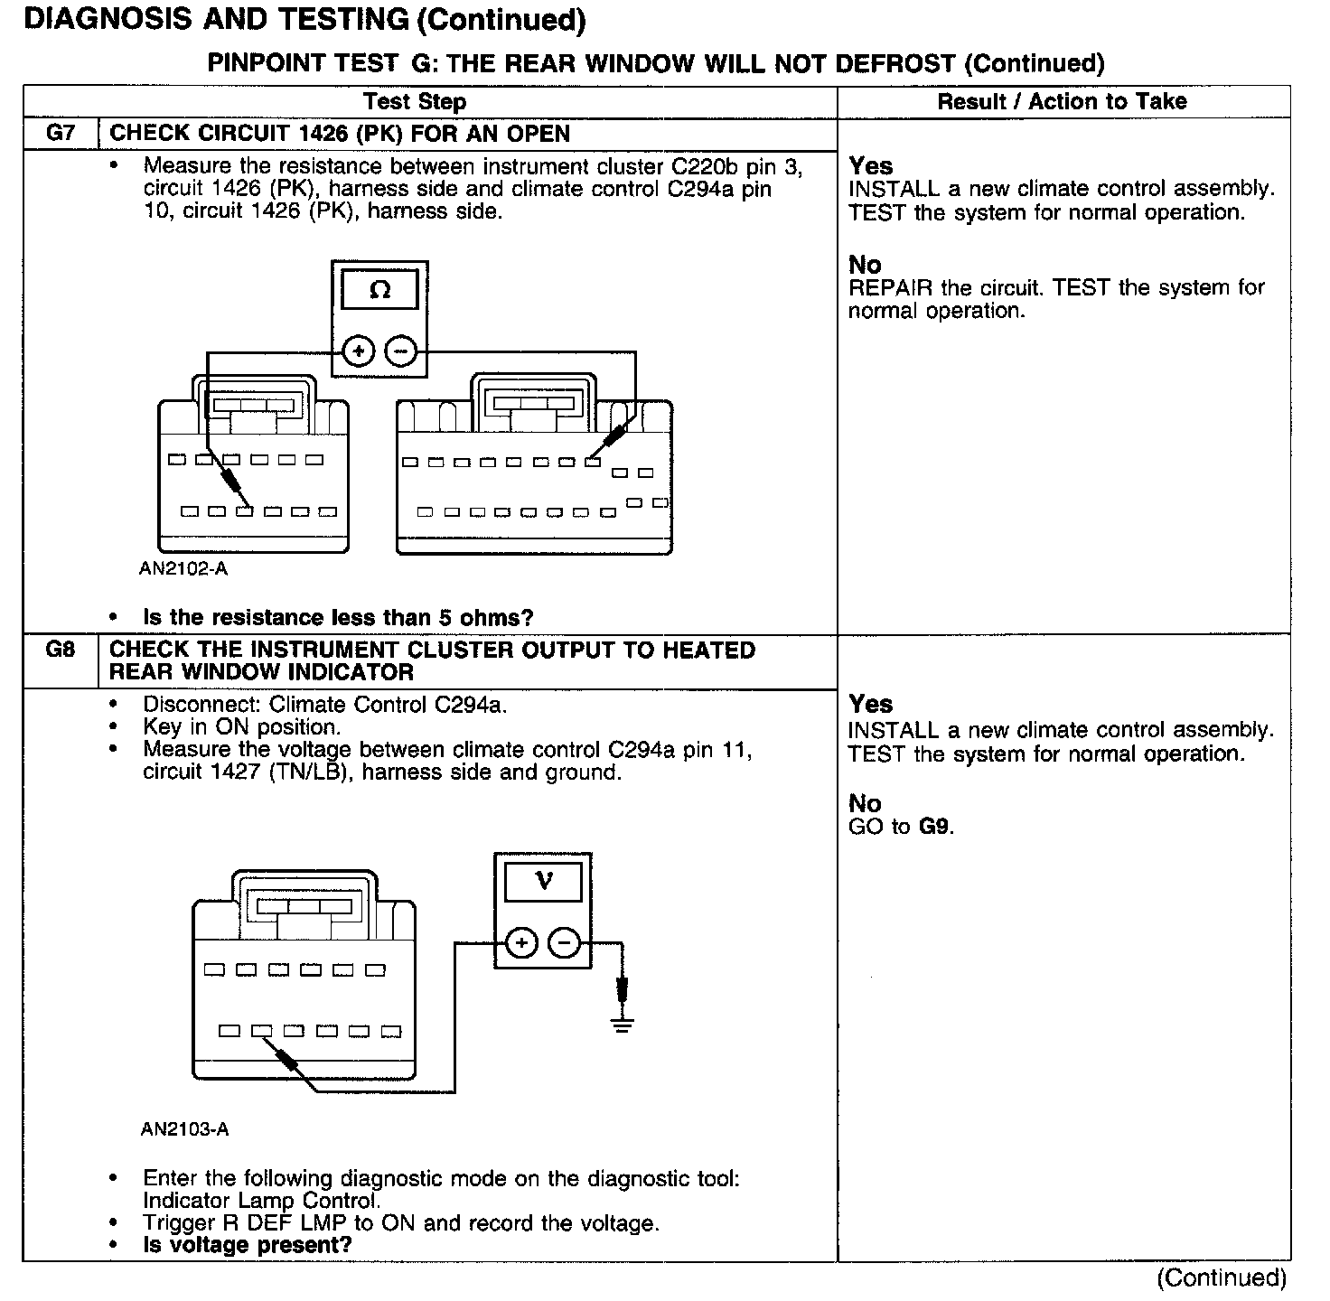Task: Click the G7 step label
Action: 60,134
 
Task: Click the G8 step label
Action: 60,650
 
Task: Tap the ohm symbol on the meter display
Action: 380,290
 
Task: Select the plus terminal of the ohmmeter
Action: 359,351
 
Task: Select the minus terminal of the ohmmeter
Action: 402,351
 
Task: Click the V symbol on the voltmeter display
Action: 543,880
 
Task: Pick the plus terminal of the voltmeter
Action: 521,943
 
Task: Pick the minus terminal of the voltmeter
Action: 565,943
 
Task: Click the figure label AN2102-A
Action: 183,568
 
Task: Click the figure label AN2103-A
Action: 185,1129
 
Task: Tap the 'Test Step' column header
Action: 415,102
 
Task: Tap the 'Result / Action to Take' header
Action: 1062,101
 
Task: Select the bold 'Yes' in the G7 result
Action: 871,166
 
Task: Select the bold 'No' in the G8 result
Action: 865,803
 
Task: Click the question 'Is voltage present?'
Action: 247,1245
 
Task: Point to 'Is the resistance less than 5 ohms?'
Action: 338,618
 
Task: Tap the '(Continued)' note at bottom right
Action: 1222,1278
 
